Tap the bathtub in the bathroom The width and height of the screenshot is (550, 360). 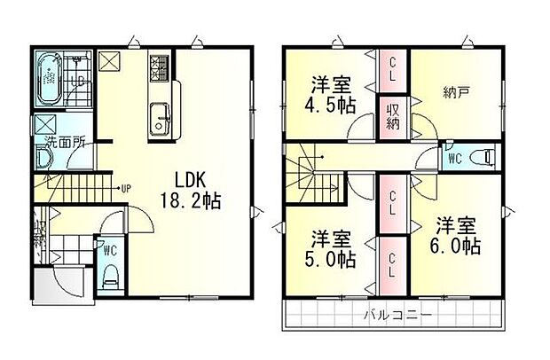(48, 80)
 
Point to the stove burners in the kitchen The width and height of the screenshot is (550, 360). (160, 67)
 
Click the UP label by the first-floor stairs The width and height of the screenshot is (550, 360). (128, 188)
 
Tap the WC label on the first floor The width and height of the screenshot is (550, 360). (110, 250)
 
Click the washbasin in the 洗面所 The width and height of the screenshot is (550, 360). (43, 160)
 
